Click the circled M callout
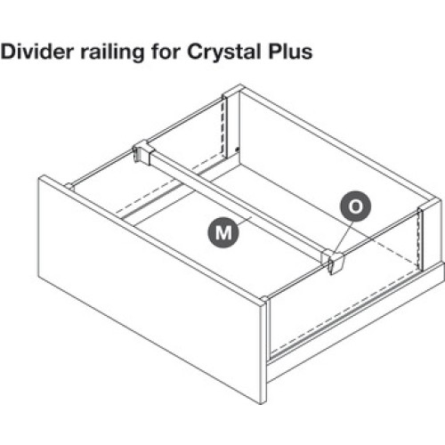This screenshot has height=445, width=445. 223,232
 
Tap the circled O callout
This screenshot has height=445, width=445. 355,206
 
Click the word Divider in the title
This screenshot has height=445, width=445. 37,52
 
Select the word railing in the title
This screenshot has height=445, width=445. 113,53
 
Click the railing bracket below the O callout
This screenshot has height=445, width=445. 333,262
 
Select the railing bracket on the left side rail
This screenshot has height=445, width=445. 142,151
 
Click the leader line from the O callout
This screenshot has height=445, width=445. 344,237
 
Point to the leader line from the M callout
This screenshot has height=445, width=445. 245,221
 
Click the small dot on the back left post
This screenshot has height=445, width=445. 237,150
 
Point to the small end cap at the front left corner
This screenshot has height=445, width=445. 70,187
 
